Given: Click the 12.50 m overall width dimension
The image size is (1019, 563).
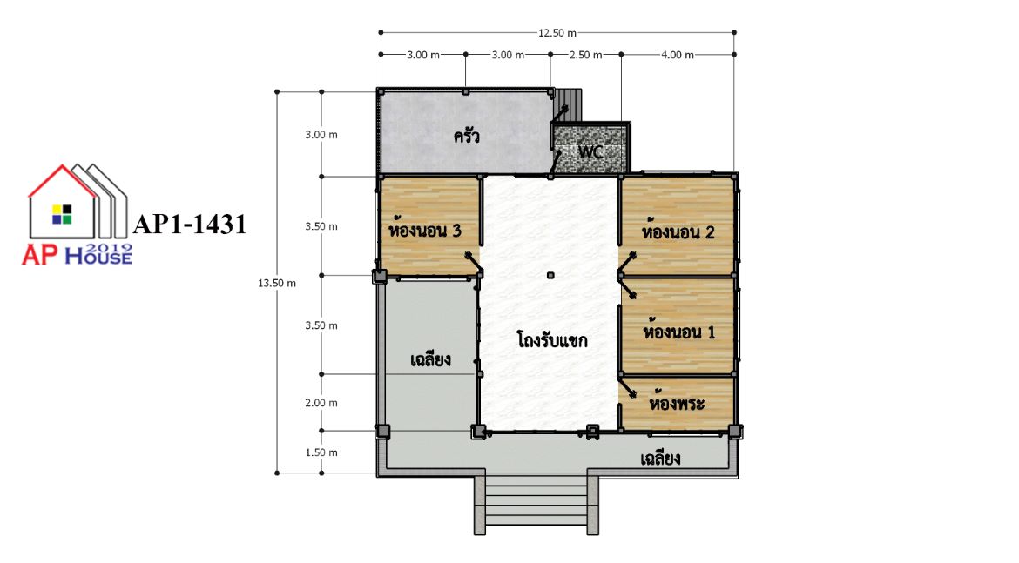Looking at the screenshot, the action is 557,32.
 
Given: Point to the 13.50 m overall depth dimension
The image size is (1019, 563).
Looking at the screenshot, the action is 277,283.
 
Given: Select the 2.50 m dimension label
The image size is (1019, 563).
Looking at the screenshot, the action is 585,55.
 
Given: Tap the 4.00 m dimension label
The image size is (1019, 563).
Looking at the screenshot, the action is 678,55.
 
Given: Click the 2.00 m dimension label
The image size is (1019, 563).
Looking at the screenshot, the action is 321,403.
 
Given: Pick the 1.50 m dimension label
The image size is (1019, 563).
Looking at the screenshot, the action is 321,452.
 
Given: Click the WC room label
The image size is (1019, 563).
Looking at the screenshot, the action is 590,152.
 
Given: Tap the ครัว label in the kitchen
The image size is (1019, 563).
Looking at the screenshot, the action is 467,136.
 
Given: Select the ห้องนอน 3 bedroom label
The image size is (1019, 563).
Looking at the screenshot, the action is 424,229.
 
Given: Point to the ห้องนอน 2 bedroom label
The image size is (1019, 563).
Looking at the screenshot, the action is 678,231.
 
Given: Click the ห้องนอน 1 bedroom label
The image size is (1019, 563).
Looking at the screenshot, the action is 679,332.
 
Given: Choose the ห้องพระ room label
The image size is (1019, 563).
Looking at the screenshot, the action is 677,403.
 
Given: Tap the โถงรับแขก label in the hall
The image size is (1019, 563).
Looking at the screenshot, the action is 552,339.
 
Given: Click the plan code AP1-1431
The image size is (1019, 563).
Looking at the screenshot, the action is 190,224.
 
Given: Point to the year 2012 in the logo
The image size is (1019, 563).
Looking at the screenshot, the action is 109,248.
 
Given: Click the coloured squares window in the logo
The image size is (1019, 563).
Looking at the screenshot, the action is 63,214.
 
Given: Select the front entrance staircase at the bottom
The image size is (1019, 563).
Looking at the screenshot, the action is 536,501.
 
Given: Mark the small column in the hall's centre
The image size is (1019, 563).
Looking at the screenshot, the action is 550,275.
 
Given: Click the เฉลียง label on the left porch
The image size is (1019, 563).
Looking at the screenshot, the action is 431,359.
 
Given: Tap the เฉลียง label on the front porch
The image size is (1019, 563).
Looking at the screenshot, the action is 660,459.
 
